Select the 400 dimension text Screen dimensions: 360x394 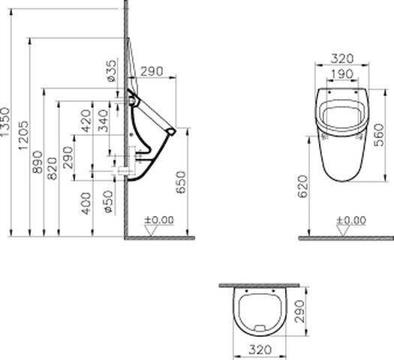(86, 203)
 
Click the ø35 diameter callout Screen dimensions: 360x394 (111, 71)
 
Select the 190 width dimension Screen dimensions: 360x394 (342, 74)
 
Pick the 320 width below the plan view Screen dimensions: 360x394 (260, 349)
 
